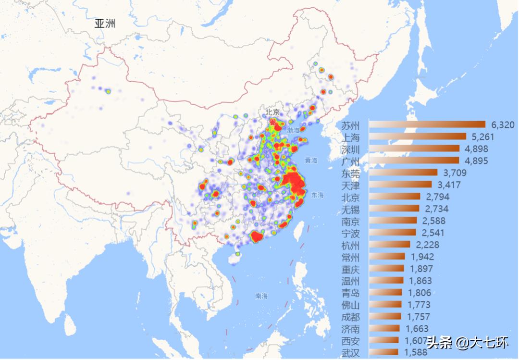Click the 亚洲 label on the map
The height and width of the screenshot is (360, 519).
(105, 24)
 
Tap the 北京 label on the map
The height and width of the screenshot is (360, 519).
(272, 112)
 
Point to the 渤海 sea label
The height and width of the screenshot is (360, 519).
(293, 130)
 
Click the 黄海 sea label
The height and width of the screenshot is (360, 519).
(311, 160)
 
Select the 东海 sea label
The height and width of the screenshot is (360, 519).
(317, 195)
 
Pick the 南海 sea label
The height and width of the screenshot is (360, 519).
(261, 296)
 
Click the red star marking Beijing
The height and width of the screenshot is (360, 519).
(272, 122)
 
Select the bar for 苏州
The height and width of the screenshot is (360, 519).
(427, 125)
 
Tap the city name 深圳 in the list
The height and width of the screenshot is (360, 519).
(350, 149)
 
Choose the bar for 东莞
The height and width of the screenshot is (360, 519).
(403, 173)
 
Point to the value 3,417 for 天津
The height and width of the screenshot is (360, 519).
(448, 185)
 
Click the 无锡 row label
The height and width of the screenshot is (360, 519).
(350, 209)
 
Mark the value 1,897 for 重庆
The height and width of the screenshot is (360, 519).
(421, 269)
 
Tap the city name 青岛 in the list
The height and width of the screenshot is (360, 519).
(350, 293)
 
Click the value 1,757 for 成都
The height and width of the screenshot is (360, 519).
(419, 317)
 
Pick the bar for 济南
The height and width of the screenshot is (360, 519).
(384, 329)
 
